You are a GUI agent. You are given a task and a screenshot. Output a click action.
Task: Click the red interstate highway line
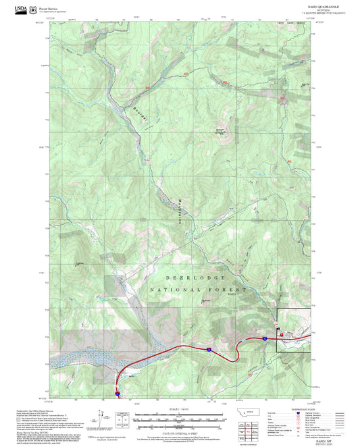[x=182, y=347]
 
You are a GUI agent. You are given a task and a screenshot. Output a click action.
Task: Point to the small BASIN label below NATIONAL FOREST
[x=232, y=294]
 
